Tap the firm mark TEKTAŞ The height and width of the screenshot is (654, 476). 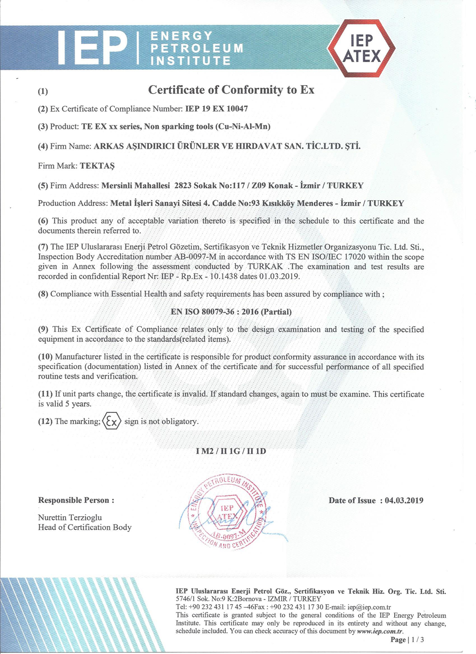(x=97, y=166)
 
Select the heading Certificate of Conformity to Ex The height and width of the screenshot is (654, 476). (x=231, y=90)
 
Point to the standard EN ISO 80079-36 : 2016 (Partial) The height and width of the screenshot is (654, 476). (x=231, y=312)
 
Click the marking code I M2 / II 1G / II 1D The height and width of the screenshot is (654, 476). (x=231, y=451)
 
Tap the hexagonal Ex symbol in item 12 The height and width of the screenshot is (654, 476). (x=112, y=421)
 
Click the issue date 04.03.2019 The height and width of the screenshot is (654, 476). (x=404, y=501)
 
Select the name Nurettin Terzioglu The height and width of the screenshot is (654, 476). (x=70, y=517)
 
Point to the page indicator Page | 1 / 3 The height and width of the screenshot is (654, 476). (x=407, y=640)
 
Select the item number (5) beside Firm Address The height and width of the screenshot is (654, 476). (x=43, y=186)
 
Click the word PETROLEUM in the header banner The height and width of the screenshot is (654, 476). (x=197, y=48)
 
